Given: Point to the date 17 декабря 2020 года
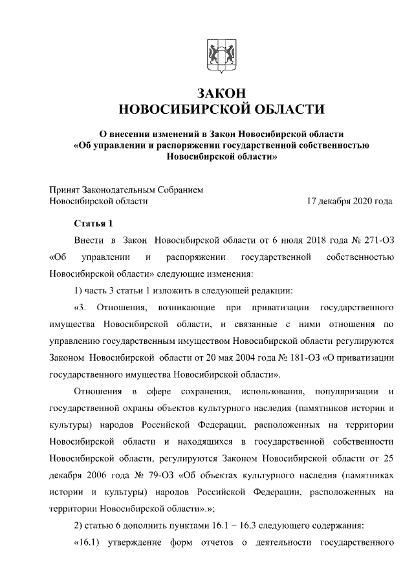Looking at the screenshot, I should click(x=350, y=201).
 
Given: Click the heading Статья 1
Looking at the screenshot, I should click(x=94, y=224).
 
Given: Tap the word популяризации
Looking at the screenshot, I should click(x=347, y=391).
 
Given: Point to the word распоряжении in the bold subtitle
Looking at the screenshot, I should click(x=183, y=145).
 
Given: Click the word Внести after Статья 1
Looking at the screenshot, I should click(x=89, y=241).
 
